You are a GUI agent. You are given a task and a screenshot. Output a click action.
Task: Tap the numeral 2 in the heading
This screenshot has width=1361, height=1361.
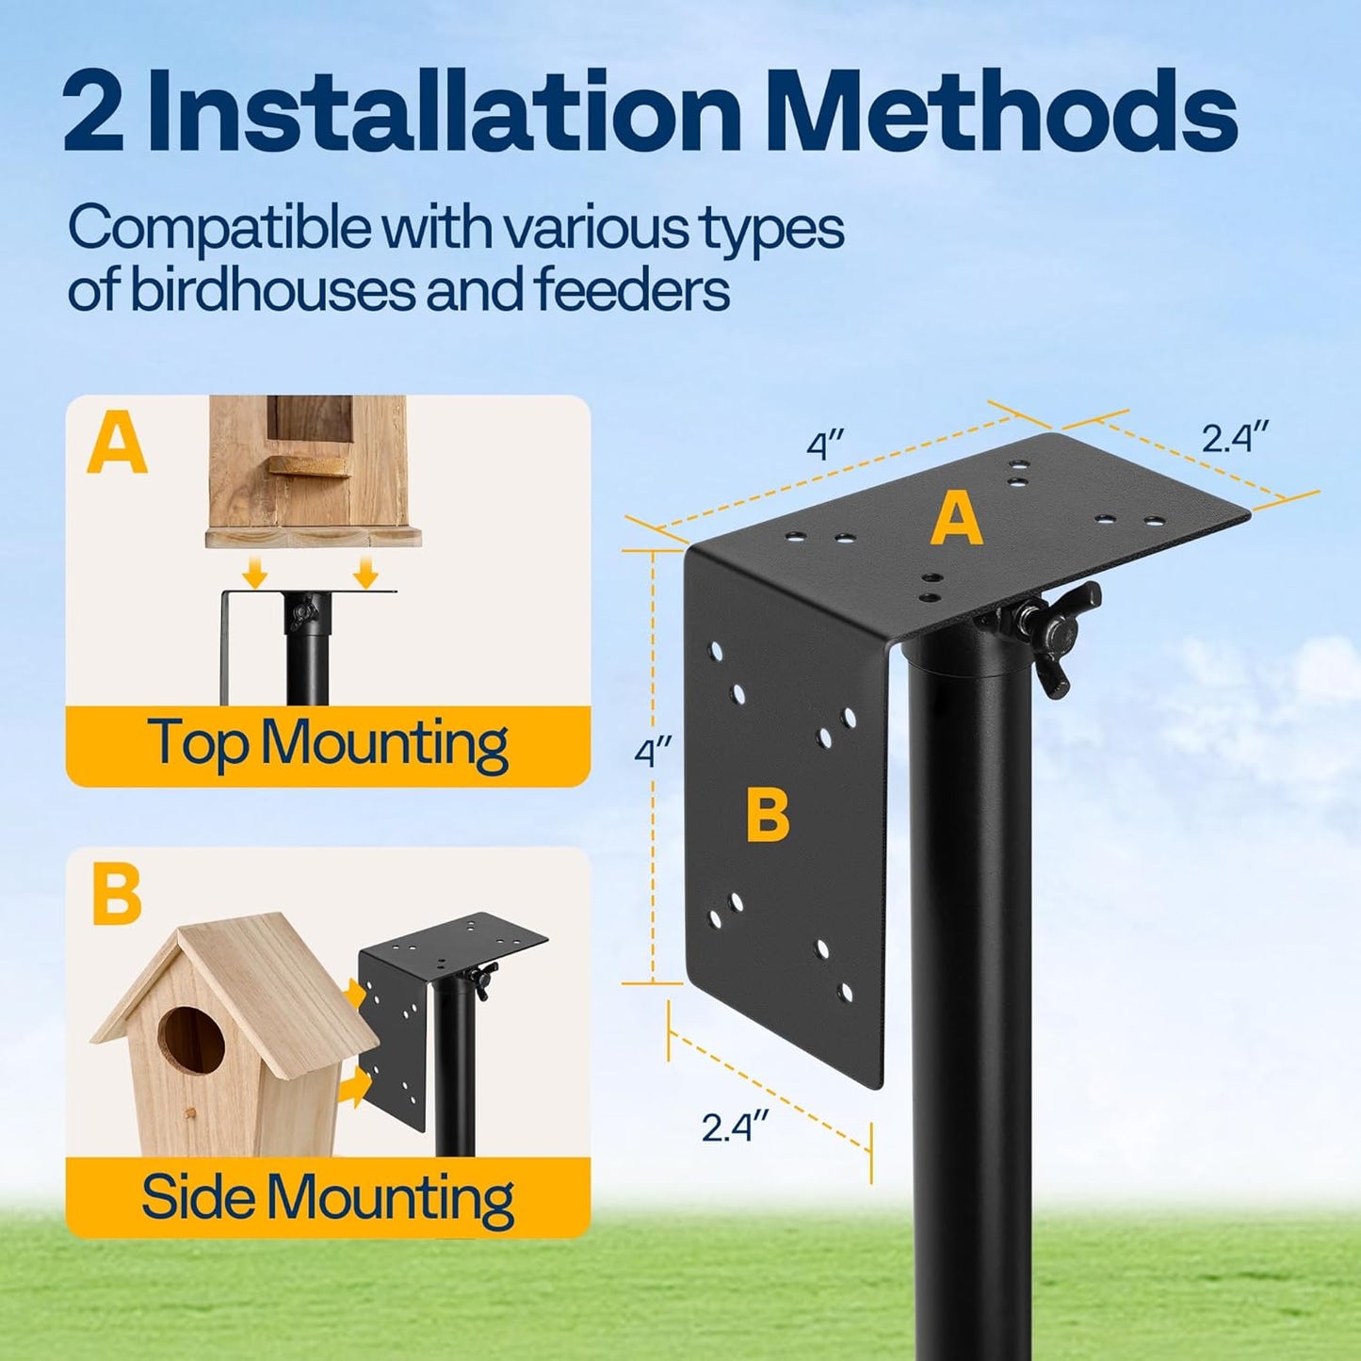coord(93,114)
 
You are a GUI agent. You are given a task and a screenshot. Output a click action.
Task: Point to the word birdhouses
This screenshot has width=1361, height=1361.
coord(273,289)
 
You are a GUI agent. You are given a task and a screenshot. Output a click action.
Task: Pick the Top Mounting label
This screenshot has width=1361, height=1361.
coord(328,745)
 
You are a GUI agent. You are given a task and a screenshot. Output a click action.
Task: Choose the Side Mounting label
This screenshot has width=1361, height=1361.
coord(328,1198)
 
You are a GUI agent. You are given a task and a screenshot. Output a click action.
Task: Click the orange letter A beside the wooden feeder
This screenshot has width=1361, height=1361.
coord(117,446)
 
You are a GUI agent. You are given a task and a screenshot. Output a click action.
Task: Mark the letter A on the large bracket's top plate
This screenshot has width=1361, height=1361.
coord(956,520)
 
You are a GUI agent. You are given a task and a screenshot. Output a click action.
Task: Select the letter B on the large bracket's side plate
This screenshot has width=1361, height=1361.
coord(768,815)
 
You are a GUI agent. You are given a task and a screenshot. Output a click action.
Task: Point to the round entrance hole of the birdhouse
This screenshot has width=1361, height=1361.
coord(191,1040)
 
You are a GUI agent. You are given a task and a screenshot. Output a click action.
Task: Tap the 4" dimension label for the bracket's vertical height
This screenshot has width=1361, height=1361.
coord(653,753)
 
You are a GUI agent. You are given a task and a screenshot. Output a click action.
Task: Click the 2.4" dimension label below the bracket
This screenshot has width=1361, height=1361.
coord(735,1126)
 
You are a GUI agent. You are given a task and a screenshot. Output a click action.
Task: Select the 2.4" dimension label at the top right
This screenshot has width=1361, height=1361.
coord(1235,438)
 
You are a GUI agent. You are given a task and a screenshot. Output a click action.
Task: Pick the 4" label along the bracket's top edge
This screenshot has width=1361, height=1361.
coord(825,445)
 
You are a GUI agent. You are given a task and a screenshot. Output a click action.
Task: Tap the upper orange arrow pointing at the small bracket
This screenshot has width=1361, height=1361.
coord(355,992)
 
